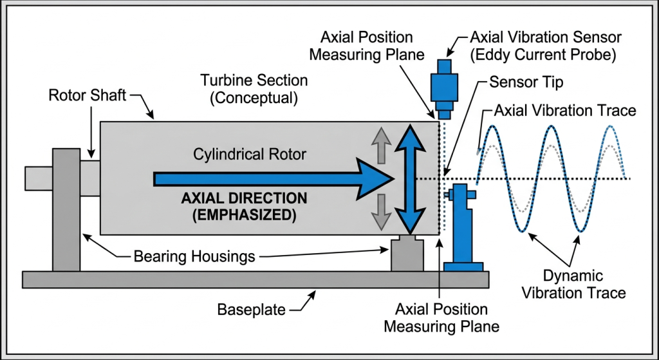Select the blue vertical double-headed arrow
click(x=407, y=178)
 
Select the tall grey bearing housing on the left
click(x=66, y=209)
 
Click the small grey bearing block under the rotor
click(x=407, y=254)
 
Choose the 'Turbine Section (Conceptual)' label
click(x=254, y=90)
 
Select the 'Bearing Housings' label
click(x=194, y=256)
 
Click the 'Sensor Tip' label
click(x=527, y=82)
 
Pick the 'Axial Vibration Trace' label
click(x=564, y=110)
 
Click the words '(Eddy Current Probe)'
click(x=543, y=55)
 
